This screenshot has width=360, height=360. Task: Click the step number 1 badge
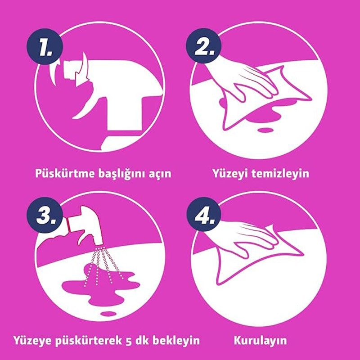(x=45, y=47)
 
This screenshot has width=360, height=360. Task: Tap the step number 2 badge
(x=204, y=46)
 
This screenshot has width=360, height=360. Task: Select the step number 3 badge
(x=45, y=215)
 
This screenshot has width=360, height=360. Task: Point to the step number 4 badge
(x=204, y=214)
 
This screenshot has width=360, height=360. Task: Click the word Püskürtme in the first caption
(x=65, y=173)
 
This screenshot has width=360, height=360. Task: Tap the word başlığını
(x=121, y=174)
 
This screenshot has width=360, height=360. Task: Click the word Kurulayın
(x=261, y=340)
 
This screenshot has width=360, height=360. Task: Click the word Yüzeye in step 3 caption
(x=32, y=340)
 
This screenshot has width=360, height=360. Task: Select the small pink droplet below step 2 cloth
(x=265, y=130)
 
